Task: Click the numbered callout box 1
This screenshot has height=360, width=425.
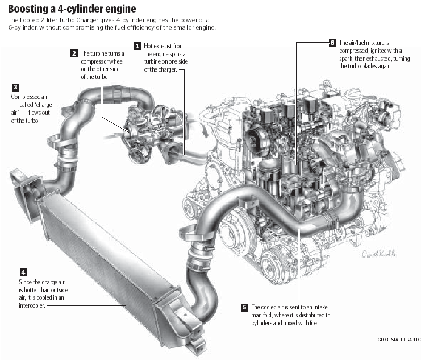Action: pos(137,45)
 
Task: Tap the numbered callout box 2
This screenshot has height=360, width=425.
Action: pos(74,53)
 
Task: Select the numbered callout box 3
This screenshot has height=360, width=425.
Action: pos(15,88)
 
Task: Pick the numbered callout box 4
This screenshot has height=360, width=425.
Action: pos(23,272)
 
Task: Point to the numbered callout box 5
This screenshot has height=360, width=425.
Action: pos(245,307)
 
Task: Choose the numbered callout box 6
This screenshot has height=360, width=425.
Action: pos(332,43)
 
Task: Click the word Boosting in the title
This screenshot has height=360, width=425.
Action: pos(29,9)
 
